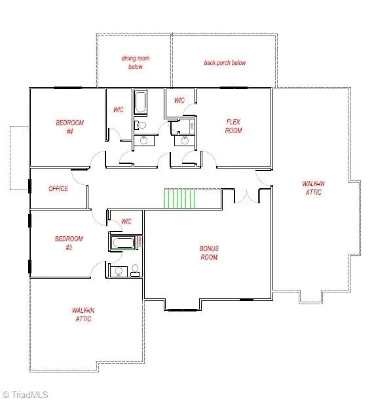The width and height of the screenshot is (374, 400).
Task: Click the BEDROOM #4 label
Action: pyautogui.click(x=69, y=127)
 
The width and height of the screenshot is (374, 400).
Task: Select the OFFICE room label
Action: pyautogui.click(x=58, y=189)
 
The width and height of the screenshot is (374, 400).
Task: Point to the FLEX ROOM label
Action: pyautogui.click(x=234, y=126)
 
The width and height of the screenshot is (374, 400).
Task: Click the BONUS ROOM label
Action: pyautogui.click(x=209, y=253)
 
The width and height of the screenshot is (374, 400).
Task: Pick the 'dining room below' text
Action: pyautogui.click(x=136, y=62)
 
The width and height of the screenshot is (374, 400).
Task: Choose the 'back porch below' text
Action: pyautogui.click(x=225, y=63)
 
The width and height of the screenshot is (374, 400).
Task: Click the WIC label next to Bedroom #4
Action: pyautogui.click(x=119, y=110)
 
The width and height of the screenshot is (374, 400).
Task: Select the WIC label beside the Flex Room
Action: pyautogui.click(x=179, y=100)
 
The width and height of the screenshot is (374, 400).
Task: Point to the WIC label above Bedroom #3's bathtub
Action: pyautogui.click(x=126, y=222)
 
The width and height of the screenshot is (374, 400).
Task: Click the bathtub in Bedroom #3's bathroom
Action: pyautogui.click(x=122, y=244)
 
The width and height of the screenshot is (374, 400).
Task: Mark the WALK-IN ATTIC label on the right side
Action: pyautogui.click(x=312, y=188)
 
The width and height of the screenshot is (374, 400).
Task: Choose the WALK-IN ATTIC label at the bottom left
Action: pyautogui.click(x=82, y=314)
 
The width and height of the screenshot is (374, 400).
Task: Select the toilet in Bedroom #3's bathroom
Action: pyautogui.click(x=135, y=270)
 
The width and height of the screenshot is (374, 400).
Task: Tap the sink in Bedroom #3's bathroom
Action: pyautogui.click(x=119, y=271)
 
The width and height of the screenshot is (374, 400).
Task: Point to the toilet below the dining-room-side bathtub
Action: pyautogui.click(x=140, y=125)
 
